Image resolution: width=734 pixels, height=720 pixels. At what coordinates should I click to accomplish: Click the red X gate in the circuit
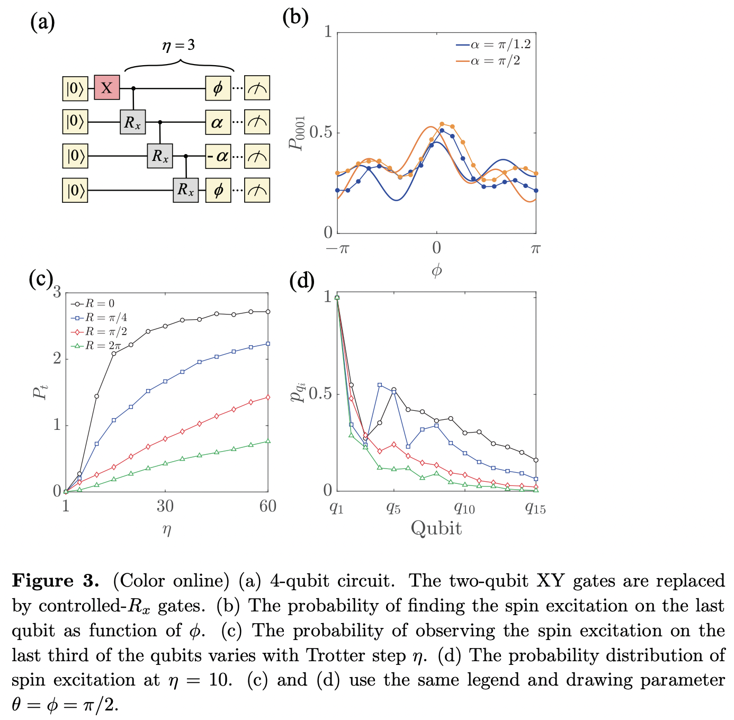107,87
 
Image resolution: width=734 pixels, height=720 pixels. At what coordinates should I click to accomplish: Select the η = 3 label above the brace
178,46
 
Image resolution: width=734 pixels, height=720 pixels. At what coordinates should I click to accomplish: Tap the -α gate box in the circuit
218,156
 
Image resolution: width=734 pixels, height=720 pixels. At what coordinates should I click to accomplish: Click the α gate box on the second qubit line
218,122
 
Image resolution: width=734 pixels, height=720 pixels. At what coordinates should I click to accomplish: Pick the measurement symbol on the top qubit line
257,88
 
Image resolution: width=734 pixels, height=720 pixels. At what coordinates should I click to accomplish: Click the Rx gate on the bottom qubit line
185,190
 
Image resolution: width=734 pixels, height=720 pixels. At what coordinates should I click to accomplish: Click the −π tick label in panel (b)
337,248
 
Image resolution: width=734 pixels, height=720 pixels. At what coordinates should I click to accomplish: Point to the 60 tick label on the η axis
268,507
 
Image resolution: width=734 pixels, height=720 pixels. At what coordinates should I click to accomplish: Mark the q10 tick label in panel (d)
464,508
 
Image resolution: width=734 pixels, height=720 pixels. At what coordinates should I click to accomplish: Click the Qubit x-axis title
436,528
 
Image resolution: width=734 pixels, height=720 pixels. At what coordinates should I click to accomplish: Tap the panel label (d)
302,280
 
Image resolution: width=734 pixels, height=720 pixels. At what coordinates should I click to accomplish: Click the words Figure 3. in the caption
56,581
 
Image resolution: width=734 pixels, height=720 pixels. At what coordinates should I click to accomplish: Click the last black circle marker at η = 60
268,312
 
